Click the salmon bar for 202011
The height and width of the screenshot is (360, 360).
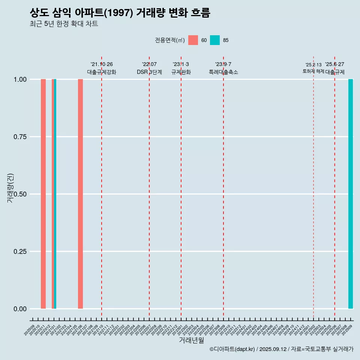(43, 194)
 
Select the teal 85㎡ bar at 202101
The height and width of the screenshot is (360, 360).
(55, 194)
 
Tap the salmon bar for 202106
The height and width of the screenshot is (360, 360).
(80, 194)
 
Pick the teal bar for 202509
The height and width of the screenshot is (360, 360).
(351, 194)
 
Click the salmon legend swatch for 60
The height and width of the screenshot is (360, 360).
(193, 40)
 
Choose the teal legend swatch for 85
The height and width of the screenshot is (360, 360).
(215, 40)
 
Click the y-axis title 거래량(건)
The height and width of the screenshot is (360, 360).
(10, 187)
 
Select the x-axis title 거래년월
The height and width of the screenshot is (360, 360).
(191, 340)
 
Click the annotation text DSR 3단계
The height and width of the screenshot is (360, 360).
(149, 72)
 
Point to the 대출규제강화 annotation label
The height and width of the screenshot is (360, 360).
(102, 72)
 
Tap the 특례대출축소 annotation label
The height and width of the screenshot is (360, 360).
(223, 72)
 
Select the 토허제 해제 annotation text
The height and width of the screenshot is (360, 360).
(313, 71)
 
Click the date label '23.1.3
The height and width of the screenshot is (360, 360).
(181, 64)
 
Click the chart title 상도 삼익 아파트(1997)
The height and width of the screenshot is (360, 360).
(120, 13)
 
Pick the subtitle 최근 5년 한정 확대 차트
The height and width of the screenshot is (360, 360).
(64, 24)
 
